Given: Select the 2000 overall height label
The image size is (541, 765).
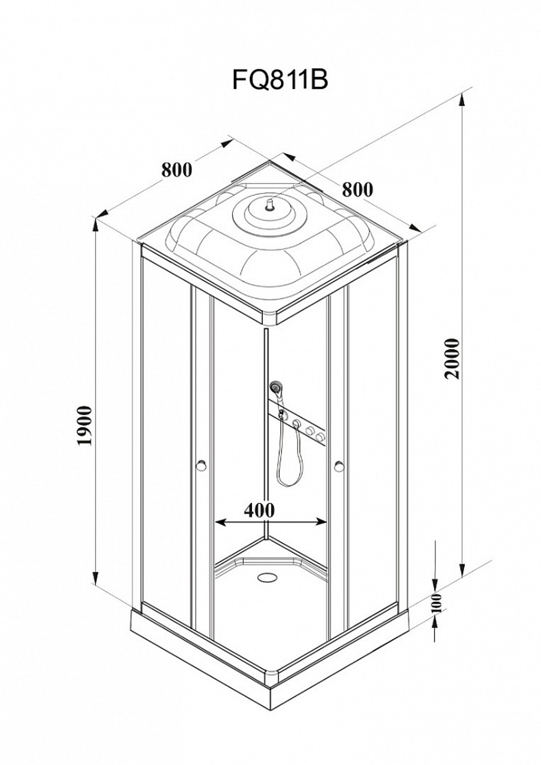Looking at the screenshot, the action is (453, 359).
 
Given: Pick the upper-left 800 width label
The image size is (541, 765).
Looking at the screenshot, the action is (176, 170).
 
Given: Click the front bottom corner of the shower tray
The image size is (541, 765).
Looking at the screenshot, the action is (272, 746).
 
